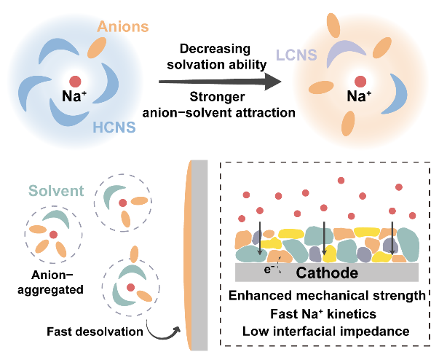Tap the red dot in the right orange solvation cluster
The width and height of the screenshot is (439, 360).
pos(357,81)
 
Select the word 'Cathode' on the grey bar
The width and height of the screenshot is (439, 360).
pos(325,273)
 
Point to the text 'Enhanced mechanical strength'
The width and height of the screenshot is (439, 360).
pos(325,296)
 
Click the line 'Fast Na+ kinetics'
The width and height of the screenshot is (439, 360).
pos(325,314)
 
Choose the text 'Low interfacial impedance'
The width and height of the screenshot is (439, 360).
pos(325,332)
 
